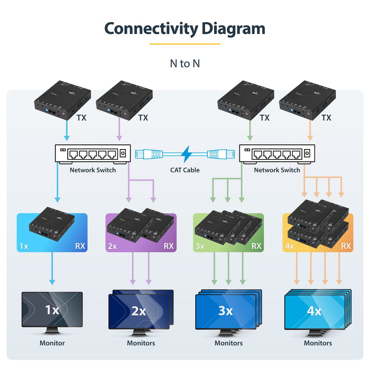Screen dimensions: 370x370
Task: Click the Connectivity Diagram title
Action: click(x=184, y=28)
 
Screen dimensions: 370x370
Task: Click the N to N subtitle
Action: click(x=184, y=63)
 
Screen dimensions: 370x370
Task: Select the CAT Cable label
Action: click(x=184, y=170)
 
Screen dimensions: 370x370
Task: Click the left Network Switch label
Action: click(x=92, y=170)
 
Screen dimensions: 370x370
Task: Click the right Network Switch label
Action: click(x=277, y=170)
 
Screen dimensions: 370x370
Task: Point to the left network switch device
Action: click(x=92, y=154)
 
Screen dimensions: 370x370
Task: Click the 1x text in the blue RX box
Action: click(x=24, y=246)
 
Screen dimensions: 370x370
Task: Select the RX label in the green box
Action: click(x=256, y=246)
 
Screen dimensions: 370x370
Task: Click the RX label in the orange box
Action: click(x=346, y=246)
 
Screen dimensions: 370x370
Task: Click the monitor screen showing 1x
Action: click(x=52, y=310)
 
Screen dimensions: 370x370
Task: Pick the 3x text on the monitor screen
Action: click(x=225, y=311)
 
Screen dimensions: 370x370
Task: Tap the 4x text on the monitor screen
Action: click(x=314, y=311)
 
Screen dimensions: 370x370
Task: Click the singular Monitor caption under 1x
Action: click(x=52, y=343)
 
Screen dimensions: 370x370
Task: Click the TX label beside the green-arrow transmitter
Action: click(x=265, y=118)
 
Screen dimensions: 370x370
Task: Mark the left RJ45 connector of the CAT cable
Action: click(x=147, y=154)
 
